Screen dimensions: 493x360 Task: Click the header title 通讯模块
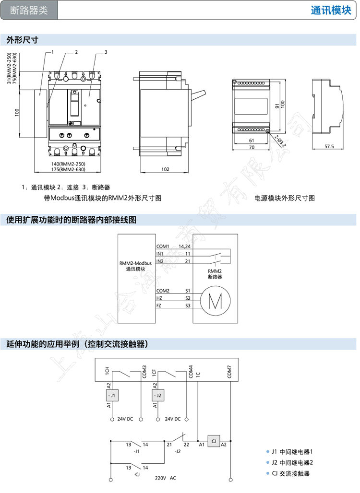point(331,11)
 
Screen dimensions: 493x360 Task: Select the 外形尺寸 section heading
point(22,40)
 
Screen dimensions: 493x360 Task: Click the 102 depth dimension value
point(165,169)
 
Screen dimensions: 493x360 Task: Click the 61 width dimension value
point(252,140)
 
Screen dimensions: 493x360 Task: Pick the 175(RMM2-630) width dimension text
point(68,169)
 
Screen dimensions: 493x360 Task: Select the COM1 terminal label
point(163,246)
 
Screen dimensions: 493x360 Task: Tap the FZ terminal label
point(159,305)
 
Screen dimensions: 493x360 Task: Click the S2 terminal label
point(188,298)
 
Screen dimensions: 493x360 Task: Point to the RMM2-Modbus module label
point(135,263)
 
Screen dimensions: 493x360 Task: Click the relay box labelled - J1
point(112,395)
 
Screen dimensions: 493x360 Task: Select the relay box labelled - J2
point(158,395)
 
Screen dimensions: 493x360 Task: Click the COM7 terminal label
point(230,372)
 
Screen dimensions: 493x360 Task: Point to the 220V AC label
point(166,478)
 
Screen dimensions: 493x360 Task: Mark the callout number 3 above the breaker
point(105,52)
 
